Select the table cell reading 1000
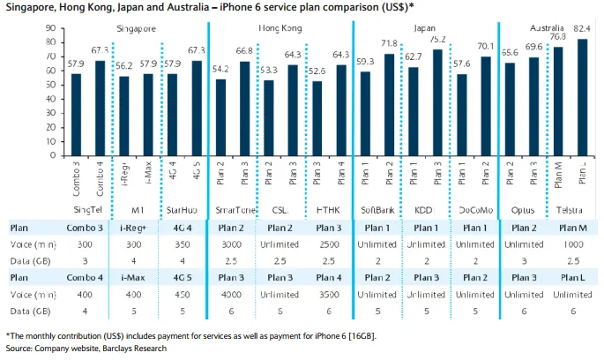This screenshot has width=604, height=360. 573,244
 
